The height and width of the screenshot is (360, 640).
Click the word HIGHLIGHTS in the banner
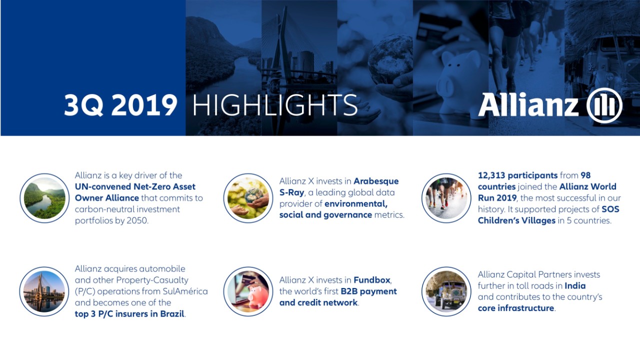click(275, 105)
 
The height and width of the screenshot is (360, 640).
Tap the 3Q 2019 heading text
click(120, 105)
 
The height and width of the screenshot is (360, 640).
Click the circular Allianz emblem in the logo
click(604, 105)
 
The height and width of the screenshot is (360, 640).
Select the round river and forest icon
click(44, 198)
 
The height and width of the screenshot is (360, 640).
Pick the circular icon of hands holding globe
click(248, 198)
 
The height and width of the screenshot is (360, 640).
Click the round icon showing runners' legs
click(446, 198)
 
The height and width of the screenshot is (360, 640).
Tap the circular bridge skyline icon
click(44, 291)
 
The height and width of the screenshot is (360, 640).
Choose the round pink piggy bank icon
click(248, 291)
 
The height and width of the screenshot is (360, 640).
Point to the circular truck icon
click(446, 291)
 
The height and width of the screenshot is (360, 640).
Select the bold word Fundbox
click(372, 280)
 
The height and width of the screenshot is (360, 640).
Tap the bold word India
click(575, 285)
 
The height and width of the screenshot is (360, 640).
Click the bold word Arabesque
click(376, 181)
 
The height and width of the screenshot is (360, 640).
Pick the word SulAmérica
click(185, 291)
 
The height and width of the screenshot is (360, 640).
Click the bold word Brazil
click(172, 314)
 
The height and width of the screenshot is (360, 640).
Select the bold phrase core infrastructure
click(516, 308)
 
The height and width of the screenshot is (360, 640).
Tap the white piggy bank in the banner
click(460, 83)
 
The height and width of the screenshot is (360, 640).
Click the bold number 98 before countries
click(585, 175)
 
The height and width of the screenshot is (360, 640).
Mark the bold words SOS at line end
click(610, 209)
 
